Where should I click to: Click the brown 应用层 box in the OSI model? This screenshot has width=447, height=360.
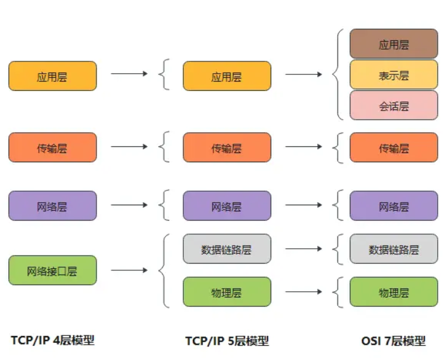click(394, 44)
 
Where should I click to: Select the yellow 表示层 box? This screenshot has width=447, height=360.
click(394, 75)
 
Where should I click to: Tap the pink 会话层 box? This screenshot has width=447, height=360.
click(394, 106)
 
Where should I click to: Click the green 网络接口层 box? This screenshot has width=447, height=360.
click(52, 270)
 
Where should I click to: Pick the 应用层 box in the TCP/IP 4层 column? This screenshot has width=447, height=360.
click(52, 76)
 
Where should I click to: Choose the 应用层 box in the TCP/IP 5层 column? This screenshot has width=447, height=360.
click(227, 76)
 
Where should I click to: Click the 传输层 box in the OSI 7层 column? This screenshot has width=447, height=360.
click(394, 147)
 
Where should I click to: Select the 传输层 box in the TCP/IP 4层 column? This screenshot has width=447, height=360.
click(52, 147)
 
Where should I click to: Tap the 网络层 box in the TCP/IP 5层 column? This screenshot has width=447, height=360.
click(227, 206)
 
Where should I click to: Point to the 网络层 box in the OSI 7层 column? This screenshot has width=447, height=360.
click(394, 206)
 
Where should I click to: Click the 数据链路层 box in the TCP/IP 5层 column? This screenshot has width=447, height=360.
click(227, 249)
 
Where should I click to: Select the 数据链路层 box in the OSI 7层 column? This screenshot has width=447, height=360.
click(394, 249)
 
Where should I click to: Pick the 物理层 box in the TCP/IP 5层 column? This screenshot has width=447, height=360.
click(227, 292)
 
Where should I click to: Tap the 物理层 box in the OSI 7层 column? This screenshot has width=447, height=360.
click(394, 292)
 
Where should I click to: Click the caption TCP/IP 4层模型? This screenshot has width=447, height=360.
click(53, 340)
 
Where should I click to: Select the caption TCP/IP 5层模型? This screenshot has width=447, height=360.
click(227, 340)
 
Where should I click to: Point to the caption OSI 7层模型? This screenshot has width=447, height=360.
click(394, 340)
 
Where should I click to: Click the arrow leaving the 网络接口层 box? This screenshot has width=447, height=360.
click(129, 270)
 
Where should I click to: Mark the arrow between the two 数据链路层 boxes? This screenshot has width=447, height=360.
click(304, 249)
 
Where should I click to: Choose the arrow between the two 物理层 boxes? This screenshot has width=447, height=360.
click(304, 292)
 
